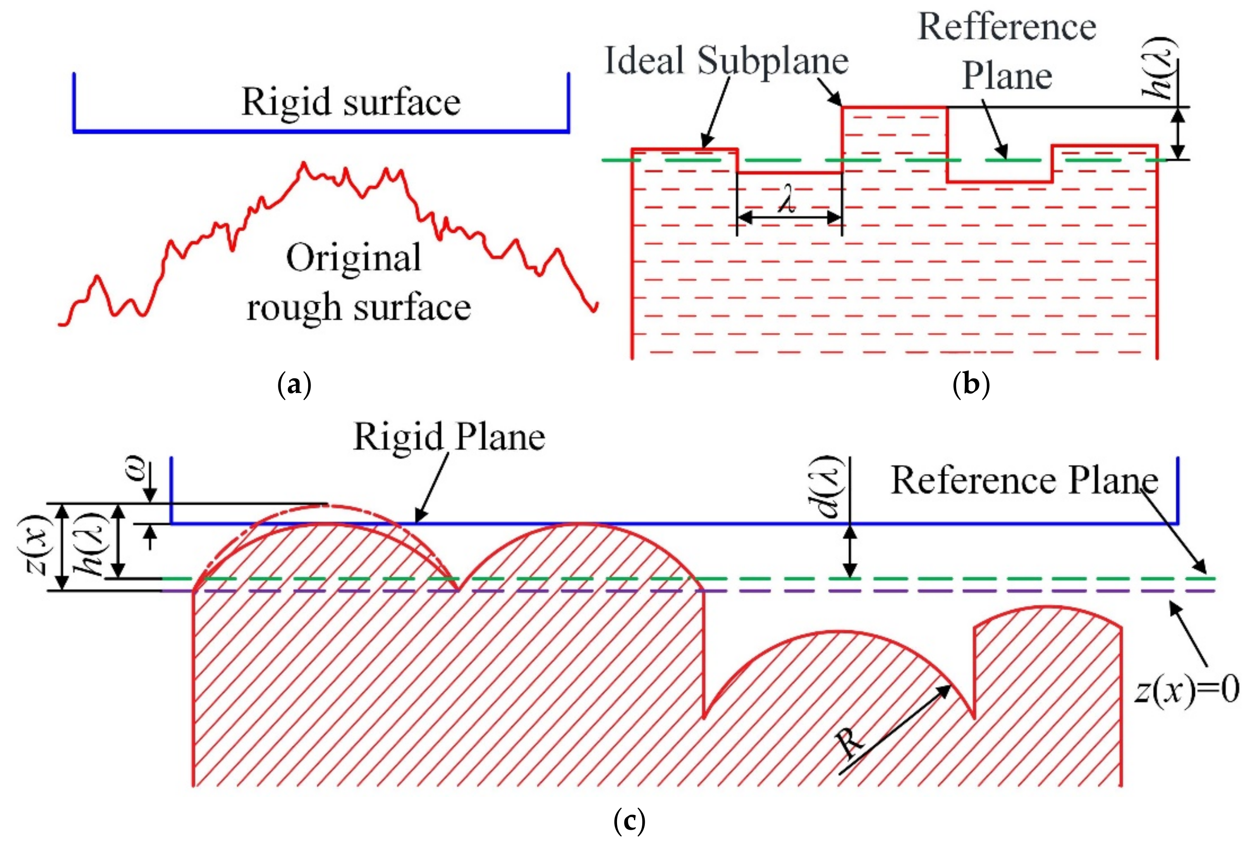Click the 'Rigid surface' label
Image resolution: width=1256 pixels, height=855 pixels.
351,102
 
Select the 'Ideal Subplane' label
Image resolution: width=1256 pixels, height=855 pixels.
726,60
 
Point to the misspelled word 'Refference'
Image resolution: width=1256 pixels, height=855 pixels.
1007,27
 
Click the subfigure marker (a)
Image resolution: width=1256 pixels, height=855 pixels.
294,386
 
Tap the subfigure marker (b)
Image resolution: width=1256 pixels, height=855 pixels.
971,386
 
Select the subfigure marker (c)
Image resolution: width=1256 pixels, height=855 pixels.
629,821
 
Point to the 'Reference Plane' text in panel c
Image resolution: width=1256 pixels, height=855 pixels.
1024,480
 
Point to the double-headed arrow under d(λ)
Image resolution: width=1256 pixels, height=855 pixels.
850,551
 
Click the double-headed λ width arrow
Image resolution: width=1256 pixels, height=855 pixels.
789,217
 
